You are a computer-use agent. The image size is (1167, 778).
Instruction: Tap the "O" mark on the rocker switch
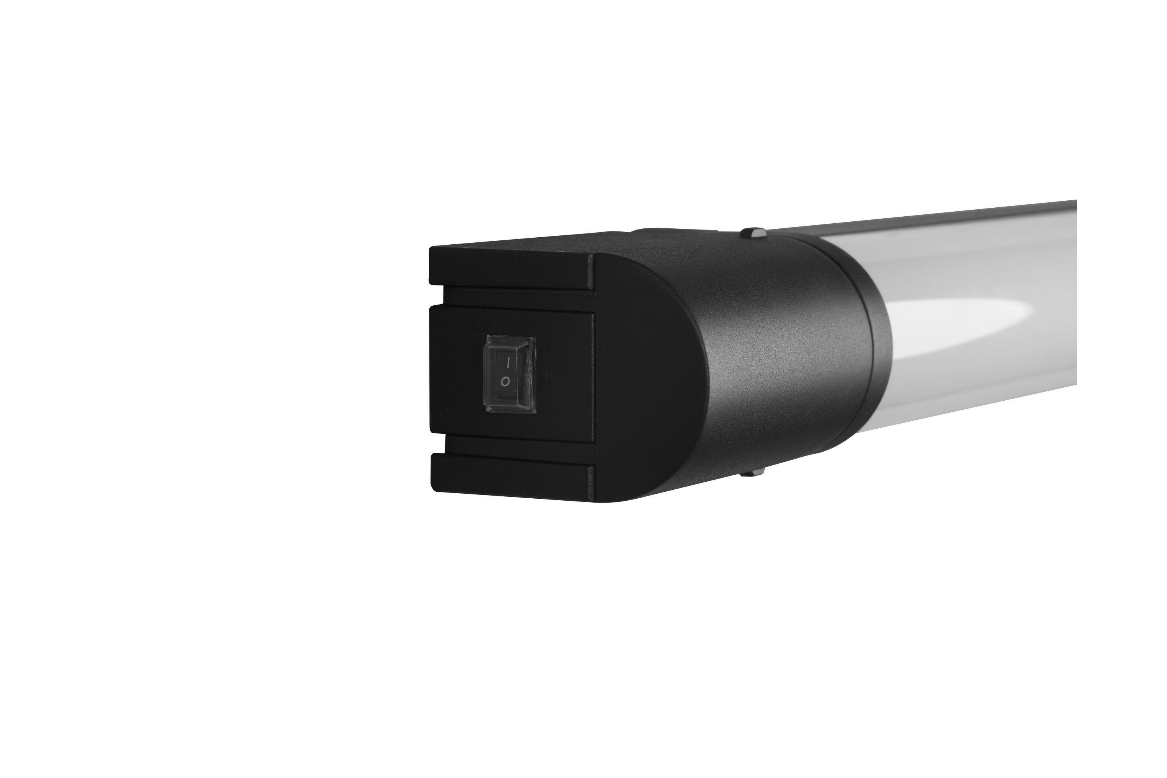tap(505, 382)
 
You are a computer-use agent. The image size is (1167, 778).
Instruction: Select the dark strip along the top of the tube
tap(943, 218)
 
